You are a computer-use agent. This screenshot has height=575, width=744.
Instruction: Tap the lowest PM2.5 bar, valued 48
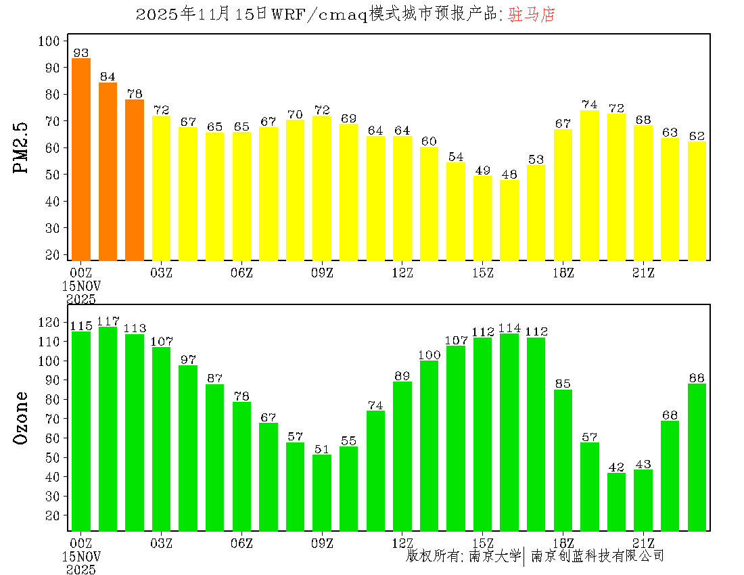click(509, 220)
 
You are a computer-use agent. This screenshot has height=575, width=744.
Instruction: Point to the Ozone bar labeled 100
click(429, 446)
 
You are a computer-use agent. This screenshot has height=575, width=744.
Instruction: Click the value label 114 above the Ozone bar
click(509, 328)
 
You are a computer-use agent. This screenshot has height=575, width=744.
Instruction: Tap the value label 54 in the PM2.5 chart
click(456, 157)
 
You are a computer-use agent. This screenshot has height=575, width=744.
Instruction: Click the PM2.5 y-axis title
click(22, 147)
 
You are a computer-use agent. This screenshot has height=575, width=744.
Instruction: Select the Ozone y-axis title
click(22, 417)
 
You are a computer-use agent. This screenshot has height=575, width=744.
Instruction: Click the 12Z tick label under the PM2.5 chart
click(402, 273)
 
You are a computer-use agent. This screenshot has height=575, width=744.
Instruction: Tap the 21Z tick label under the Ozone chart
click(643, 543)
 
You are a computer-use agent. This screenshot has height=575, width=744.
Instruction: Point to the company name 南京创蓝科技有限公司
click(597, 556)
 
